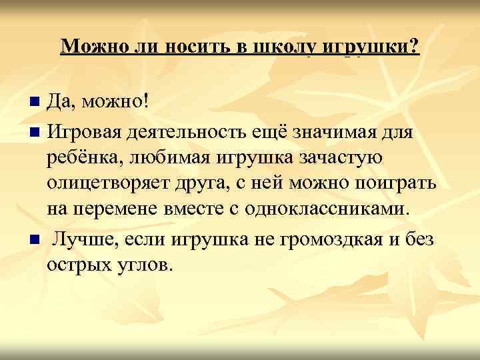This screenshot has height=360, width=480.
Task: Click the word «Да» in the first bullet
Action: coord(61,102)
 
